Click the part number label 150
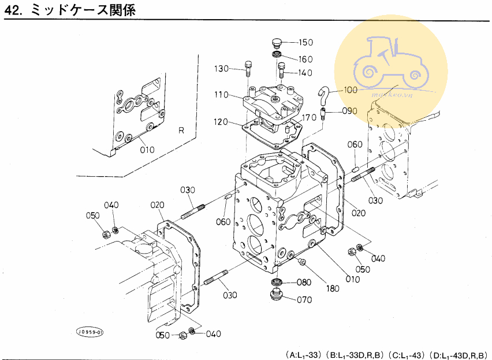click(x=305, y=42)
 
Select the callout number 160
click(x=305, y=59)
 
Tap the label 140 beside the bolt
click(x=305, y=73)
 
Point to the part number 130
click(x=222, y=69)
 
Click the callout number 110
click(x=222, y=94)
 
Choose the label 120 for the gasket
click(x=222, y=122)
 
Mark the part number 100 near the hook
click(x=351, y=90)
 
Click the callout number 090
click(x=350, y=111)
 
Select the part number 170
click(x=309, y=118)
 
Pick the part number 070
click(x=304, y=300)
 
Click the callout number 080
click(x=304, y=283)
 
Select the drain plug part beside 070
click(x=277, y=296)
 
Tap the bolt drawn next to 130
click(x=248, y=69)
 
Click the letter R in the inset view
click(x=181, y=131)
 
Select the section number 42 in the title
click(x=13, y=10)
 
